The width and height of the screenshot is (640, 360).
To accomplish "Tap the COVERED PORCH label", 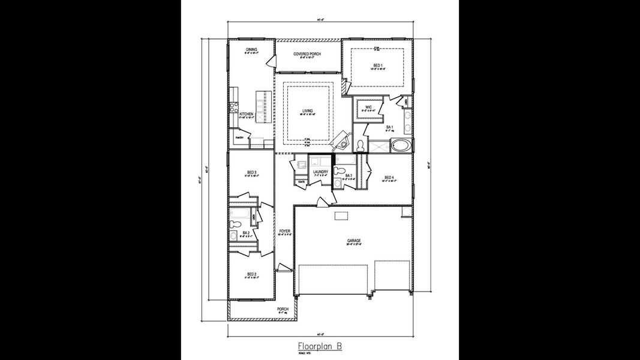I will click(307, 54).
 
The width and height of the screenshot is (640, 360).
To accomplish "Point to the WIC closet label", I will click(368, 107).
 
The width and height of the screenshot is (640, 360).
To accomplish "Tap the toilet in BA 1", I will click(360, 145).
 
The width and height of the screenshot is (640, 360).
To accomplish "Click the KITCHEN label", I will click(247, 113).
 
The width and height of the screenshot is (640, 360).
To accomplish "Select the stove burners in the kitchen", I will click(231, 109).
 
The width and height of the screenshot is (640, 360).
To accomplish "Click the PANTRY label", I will click(239, 137).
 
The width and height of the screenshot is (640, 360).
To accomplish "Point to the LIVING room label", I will click(307, 111).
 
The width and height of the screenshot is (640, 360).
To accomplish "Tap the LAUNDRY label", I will click(320, 172).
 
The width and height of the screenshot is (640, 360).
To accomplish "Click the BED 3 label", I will click(251, 173).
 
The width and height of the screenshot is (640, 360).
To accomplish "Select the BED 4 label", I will click(389, 177).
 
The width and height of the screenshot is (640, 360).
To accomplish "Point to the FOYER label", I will click(284, 230).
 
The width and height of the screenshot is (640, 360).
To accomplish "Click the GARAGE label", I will click(354, 241).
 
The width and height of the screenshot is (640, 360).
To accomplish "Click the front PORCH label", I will click(283, 310).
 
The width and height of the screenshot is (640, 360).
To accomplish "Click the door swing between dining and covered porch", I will click(269, 61).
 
